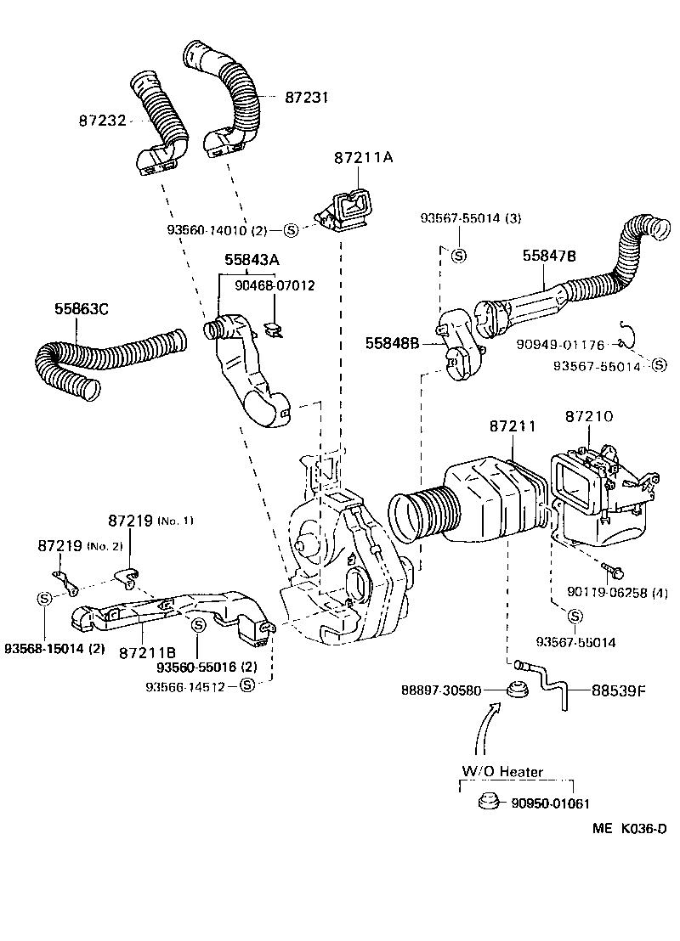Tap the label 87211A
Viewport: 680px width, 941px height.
pyautogui.click(x=363, y=158)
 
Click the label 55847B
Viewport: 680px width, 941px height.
pyautogui.click(x=548, y=255)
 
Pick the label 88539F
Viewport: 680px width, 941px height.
pyautogui.click(x=619, y=690)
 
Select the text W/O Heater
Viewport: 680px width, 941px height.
pyautogui.click(x=502, y=772)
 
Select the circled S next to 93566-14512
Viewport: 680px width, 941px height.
pyautogui.click(x=246, y=685)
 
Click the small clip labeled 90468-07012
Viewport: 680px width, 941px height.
pyautogui.click(x=274, y=327)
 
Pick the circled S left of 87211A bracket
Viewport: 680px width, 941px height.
pyautogui.click(x=290, y=229)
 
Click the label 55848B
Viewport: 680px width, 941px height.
pyautogui.click(x=393, y=343)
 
